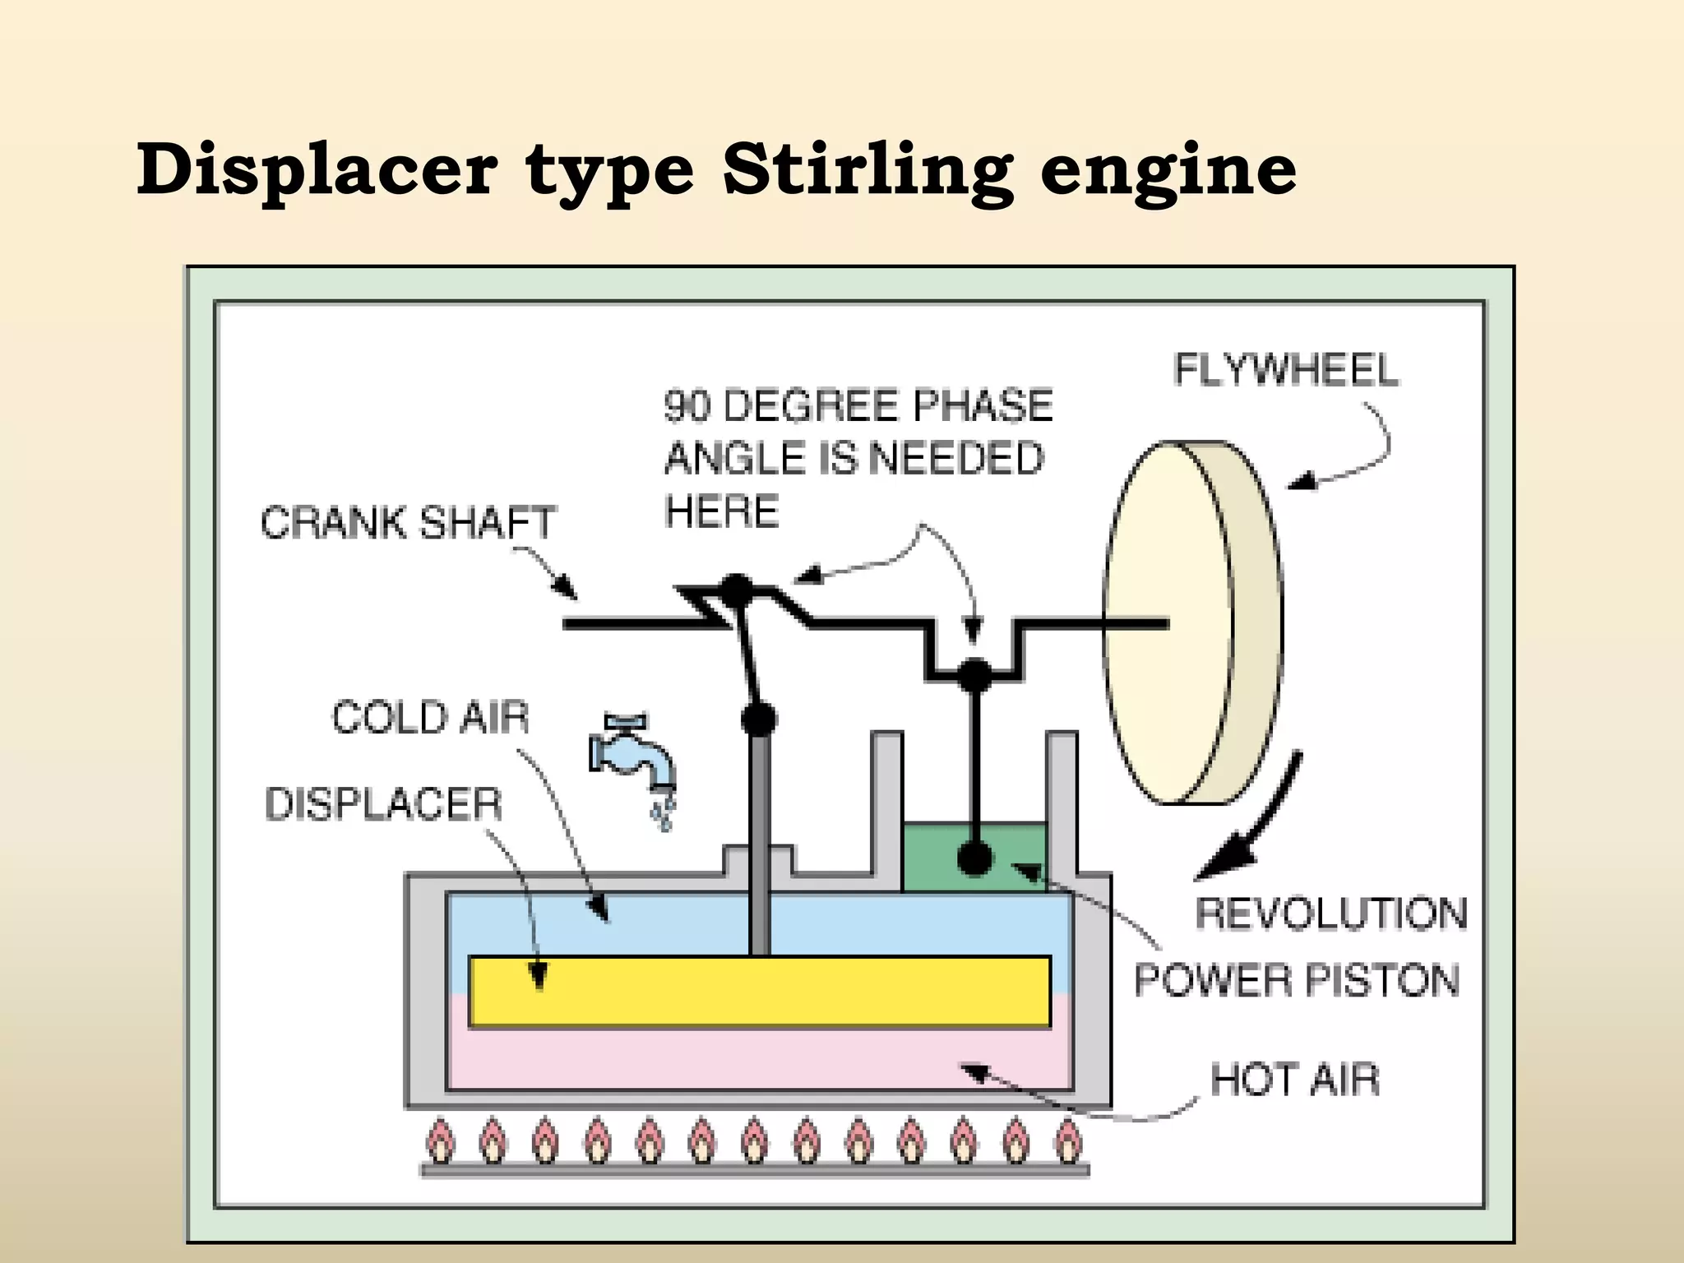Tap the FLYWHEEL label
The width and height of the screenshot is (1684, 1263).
pyautogui.click(x=1286, y=370)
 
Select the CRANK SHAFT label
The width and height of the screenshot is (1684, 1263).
pyautogui.click(x=409, y=522)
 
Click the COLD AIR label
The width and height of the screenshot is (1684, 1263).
pyautogui.click(x=430, y=717)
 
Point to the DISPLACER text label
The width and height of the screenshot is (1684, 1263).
pyautogui.click(x=383, y=803)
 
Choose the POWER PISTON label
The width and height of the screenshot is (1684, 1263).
pyautogui.click(x=1297, y=980)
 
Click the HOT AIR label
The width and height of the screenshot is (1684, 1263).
pyautogui.click(x=1294, y=1080)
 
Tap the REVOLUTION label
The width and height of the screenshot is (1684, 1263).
pyautogui.click(x=1330, y=914)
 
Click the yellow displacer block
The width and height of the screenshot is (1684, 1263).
pyautogui.click(x=759, y=992)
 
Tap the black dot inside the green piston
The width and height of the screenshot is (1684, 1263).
pyautogui.click(x=975, y=859)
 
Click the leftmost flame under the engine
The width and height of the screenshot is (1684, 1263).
pyautogui.click(x=440, y=1141)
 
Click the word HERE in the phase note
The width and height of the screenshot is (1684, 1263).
pyautogui.click(x=721, y=511)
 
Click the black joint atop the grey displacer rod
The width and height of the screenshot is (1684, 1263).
pyautogui.click(x=758, y=719)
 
